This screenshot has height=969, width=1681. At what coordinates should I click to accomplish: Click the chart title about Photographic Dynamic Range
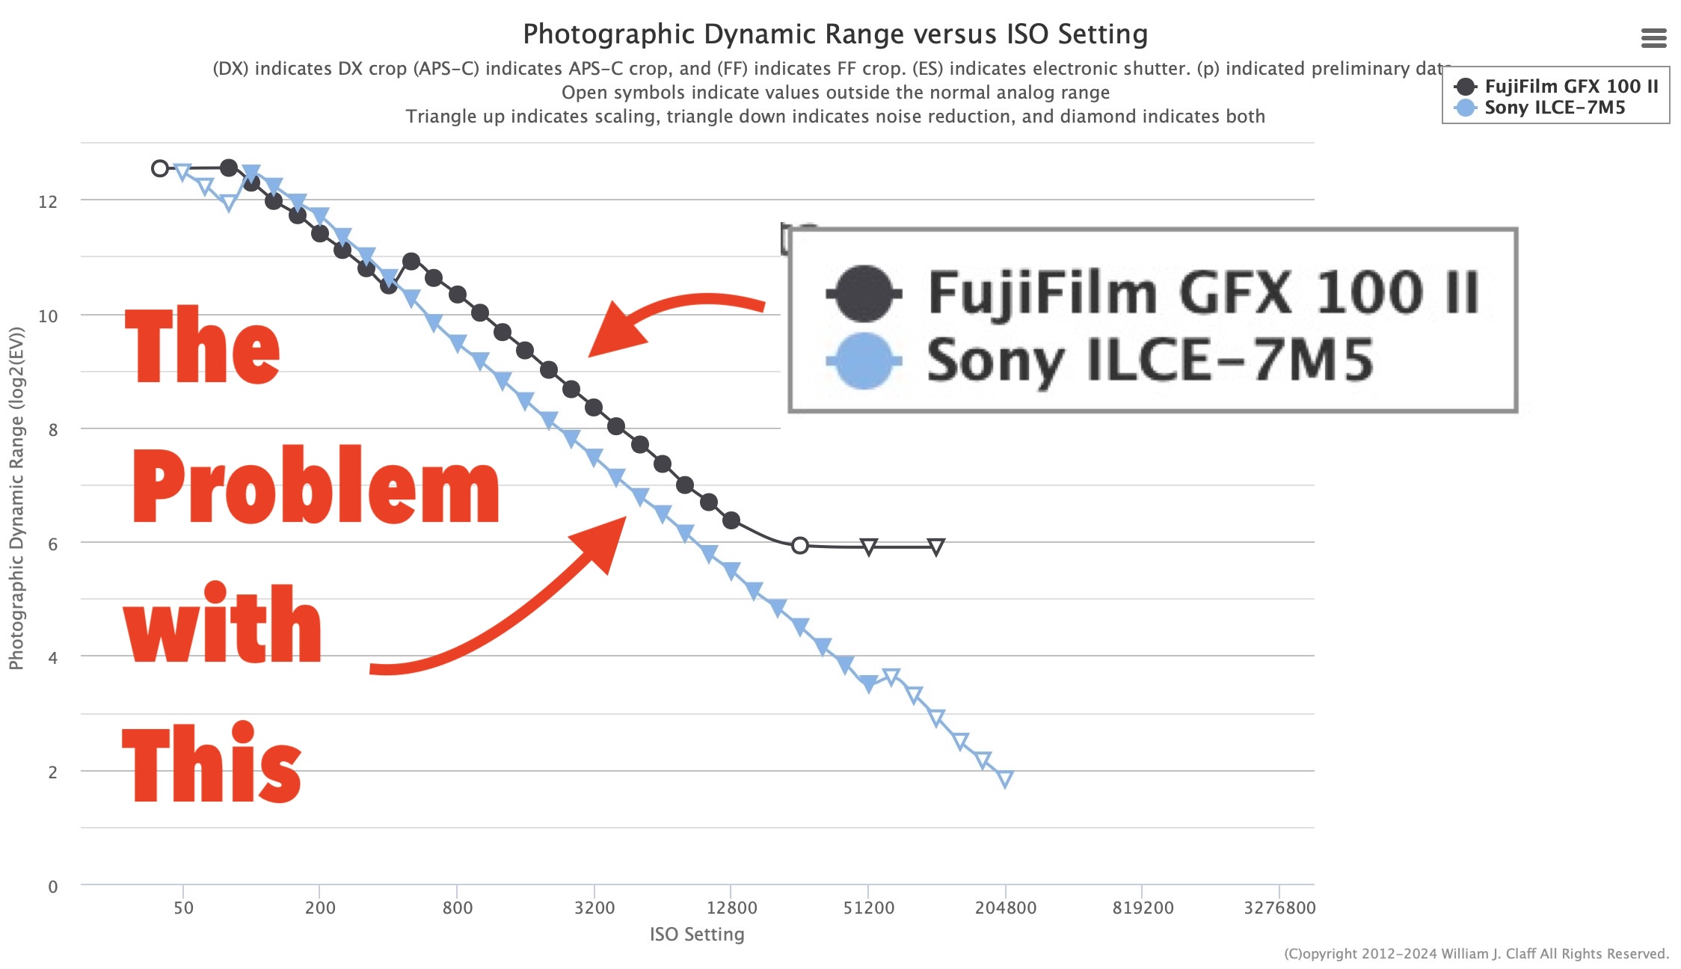click(x=835, y=34)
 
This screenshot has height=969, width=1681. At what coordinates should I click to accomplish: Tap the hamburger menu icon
click(x=1653, y=37)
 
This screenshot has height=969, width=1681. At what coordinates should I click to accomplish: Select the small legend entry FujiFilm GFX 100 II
click(x=1570, y=87)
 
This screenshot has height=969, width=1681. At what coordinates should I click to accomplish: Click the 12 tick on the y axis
click(x=48, y=202)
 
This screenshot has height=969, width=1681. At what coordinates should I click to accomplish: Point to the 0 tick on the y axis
click(x=52, y=887)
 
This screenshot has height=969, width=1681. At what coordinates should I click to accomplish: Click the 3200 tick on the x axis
click(x=594, y=908)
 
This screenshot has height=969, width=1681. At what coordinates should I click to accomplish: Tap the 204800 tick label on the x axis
click(x=1005, y=908)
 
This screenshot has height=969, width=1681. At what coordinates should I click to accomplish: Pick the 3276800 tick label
click(x=1279, y=908)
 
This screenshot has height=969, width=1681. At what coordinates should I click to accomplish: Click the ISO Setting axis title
click(x=697, y=934)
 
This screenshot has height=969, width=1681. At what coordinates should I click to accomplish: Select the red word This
click(x=212, y=764)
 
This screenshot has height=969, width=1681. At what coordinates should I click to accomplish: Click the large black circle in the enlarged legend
click(x=864, y=293)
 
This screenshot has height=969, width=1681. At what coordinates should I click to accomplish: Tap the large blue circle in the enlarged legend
click(x=864, y=361)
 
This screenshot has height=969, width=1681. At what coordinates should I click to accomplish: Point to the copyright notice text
click(x=1476, y=953)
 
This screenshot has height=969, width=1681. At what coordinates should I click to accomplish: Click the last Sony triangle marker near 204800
click(x=1005, y=779)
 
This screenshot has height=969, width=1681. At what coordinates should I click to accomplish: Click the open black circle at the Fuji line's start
click(x=160, y=168)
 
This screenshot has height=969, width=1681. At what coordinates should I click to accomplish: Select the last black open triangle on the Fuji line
click(x=936, y=547)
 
